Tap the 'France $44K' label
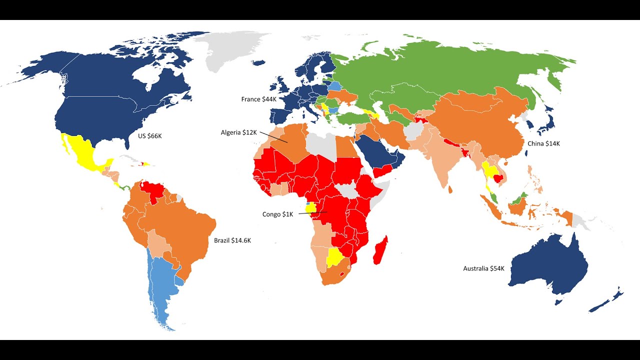click(x=258, y=99)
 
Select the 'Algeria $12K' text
click(x=239, y=132)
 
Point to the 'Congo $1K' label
click(x=278, y=214)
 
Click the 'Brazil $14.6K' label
click(x=232, y=240)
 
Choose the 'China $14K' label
click(x=543, y=143)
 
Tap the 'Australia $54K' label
click(x=483, y=269)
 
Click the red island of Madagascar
click(x=380, y=250)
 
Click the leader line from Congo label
click(x=312, y=213)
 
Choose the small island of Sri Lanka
click(x=450, y=189)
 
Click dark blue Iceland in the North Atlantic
click(x=258, y=62)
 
